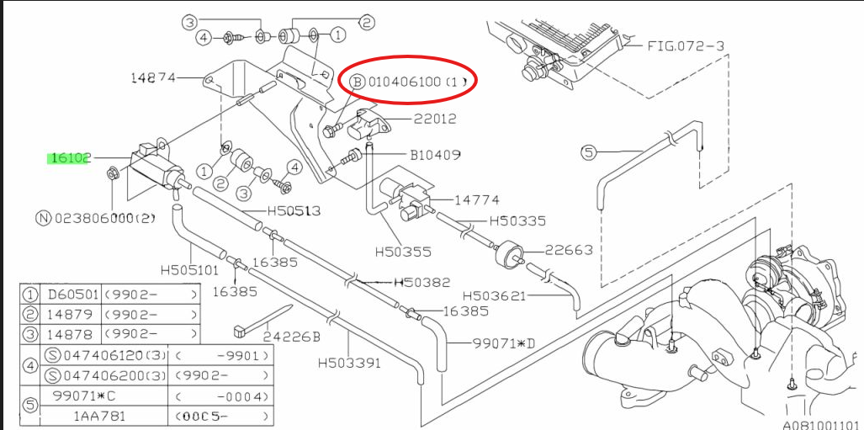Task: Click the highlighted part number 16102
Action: click(x=70, y=157)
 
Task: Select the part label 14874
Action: click(x=152, y=78)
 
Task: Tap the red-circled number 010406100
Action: click(x=404, y=82)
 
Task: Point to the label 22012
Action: click(x=435, y=119)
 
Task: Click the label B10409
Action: click(x=436, y=155)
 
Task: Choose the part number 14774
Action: click(x=476, y=200)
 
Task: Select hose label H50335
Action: click(x=517, y=220)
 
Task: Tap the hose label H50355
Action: click(x=402, y=250)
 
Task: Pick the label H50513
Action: click(x=294, y=211)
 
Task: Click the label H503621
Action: click(x=494, y=295)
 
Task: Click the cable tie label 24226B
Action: click(x=292, y=337)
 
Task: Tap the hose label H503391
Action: click(x=349, y=364)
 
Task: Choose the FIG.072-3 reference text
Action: click(x=686, y=45)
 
